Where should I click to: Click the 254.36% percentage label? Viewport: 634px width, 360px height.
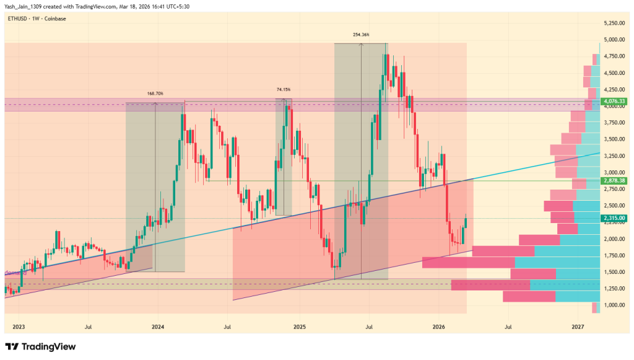pos(361,35)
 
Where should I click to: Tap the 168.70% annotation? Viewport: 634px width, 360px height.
pos(155,94)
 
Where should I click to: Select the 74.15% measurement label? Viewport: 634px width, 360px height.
pos(283,90)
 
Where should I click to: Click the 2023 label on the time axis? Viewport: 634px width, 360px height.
pos(19,326)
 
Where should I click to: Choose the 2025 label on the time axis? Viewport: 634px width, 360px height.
pos(300,326)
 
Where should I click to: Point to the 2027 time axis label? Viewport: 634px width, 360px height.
pos(578,326)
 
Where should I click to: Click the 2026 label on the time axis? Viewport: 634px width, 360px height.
pos(439,326)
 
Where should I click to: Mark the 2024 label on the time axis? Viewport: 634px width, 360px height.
pos(158,326)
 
